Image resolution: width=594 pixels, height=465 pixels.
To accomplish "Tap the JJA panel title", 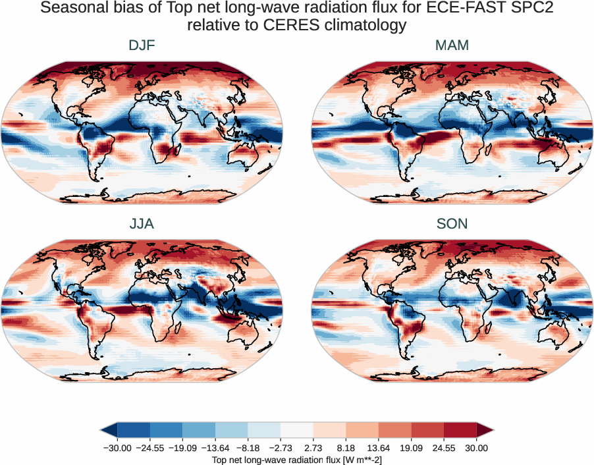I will [142, 224].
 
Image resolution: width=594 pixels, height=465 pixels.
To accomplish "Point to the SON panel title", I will [452, 224].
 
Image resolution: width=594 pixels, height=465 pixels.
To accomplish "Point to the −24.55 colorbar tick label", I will [150, 448].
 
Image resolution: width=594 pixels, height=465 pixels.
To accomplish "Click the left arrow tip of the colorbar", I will [103, 431].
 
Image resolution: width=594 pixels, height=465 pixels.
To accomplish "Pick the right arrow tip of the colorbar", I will [492, 431].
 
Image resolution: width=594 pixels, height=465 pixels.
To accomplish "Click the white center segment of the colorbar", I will [297, 431].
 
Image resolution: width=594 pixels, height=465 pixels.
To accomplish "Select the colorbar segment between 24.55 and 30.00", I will [460, 431].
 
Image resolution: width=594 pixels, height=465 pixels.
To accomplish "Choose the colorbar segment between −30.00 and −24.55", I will [134, 431].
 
